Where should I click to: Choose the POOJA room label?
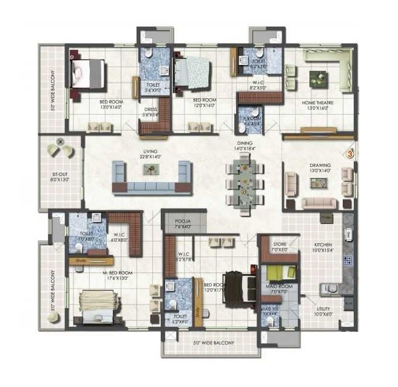183,221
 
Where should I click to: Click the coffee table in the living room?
152,170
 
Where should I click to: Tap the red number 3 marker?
350,154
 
